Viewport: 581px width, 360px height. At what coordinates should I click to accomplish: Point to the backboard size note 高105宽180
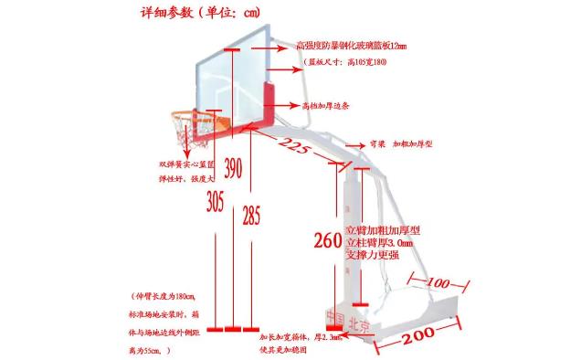pyautogui.click(x=347, y=61)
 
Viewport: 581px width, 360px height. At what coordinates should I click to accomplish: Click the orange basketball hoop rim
pyautogui.click(x=188, y=117)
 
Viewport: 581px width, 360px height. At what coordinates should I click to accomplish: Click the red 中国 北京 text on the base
pyautogui.click(x=348, y=321)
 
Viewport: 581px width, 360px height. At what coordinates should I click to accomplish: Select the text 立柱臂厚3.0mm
pyautogui.click(x=379, y=244)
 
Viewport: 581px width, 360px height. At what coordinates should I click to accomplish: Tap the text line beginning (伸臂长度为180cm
pyautogui.click(x=171, y=297)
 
